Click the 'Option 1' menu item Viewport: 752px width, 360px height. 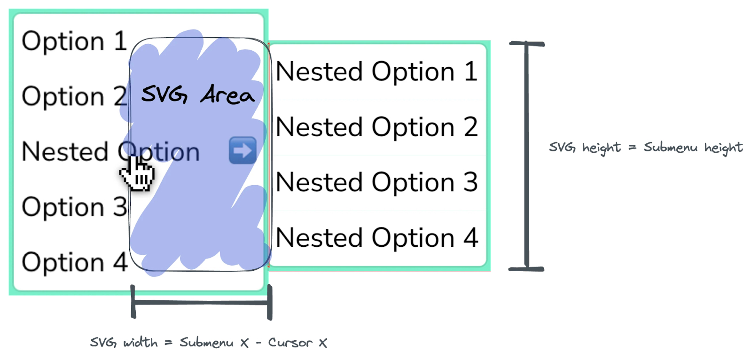(x=74, y=41)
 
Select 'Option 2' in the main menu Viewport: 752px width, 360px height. (x=74, y=96)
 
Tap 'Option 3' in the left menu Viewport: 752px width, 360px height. (x=74, y=207)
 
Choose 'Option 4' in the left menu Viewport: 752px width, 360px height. (x=74, y=262)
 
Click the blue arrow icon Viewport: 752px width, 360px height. (x=243, y=150)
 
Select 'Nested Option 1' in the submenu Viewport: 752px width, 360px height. (x=376, y=72)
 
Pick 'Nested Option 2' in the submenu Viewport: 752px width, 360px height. (x=376, y=127)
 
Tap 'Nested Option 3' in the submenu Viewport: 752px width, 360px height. (x=376, y=182)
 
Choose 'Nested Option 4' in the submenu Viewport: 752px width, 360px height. (x=376, y=238)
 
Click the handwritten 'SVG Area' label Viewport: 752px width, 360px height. (x=197, y=94)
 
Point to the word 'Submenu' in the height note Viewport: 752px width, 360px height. (x=671, y=148)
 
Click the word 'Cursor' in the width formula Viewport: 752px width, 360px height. (x=290, y=343)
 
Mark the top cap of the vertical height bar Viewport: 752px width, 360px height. (x=526, y=44)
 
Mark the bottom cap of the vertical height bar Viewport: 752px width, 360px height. (x=526, y=269)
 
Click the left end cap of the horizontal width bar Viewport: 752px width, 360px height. (x=133, y=302)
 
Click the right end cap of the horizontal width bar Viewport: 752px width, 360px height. (x=270, y=303)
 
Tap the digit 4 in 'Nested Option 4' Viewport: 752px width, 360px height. (x=471, y=238)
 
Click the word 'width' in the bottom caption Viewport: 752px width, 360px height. (x=140, y=343)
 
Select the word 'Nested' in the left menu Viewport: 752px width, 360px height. (x=65, y=152)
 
